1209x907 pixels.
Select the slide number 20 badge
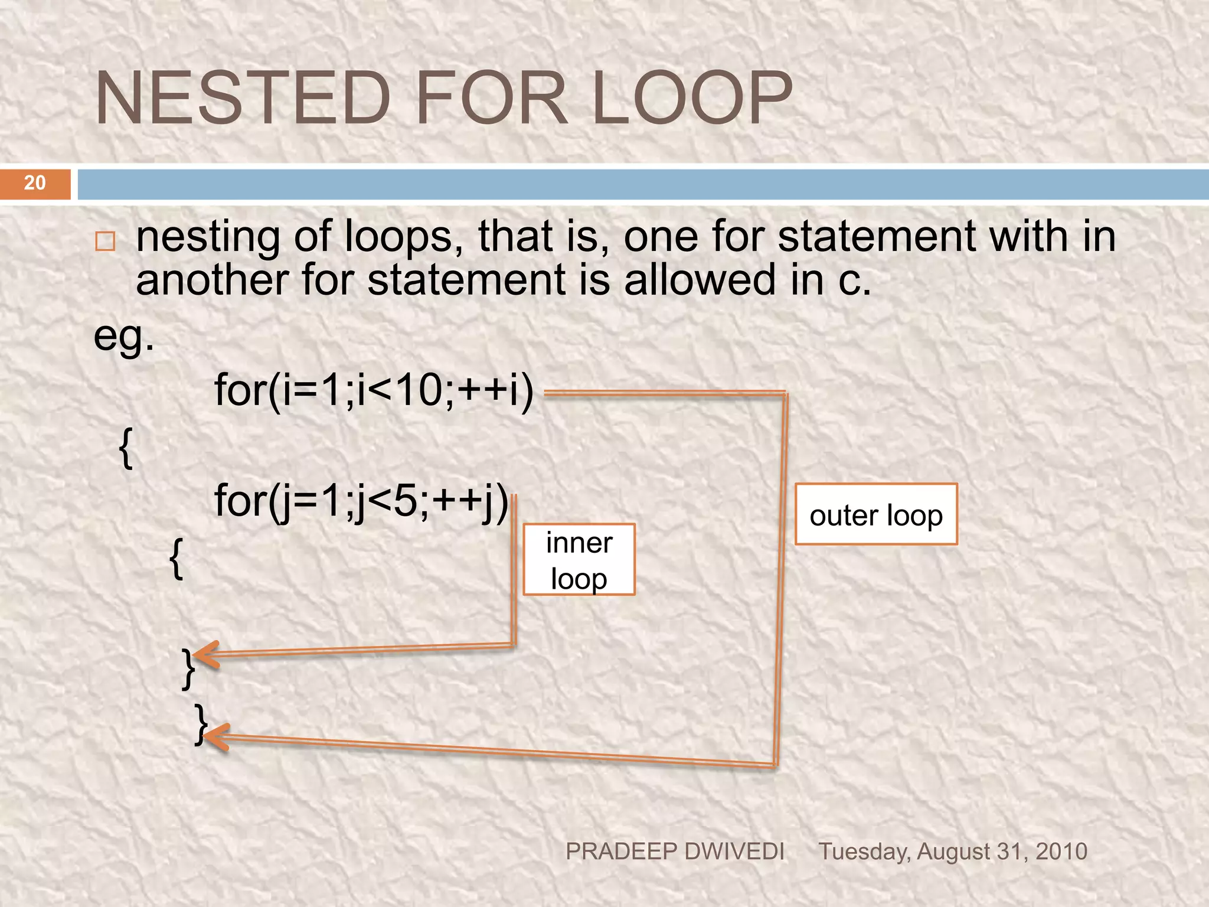pyautogui.click(x=35, y=183)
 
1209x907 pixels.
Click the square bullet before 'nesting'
pyautogui.click(x=105, y=242)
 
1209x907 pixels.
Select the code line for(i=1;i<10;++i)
pyautogui.click(x=374, y=390)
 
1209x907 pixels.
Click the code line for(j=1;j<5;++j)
pyautogui.click(x=361, y=501)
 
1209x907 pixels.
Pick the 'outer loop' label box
pyautogui.click(x=876, y=514)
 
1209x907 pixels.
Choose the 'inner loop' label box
pyautogui.click(x=579, y=560)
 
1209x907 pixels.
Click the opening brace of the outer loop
pyautogui.click(x=126, y=449)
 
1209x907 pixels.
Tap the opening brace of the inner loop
pyautogui.click(x=176, y=559)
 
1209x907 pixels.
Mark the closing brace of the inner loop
pyautogui.click(x=188, y=669)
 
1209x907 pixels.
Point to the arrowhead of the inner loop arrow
pyautogui.click(x=204, y=655)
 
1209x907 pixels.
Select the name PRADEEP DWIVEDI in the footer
pyautogui.click(x=675, y=851)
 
